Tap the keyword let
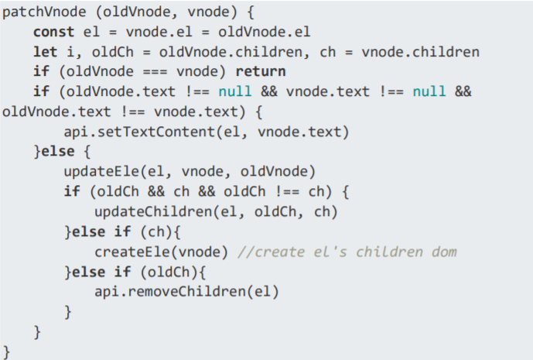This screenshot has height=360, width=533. pos(43,53)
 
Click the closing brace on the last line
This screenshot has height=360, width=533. pos(7,351)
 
